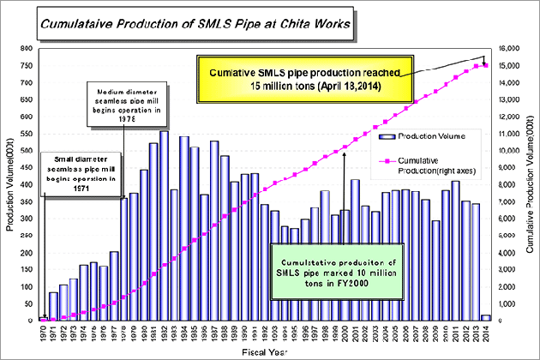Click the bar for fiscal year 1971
[54, 307]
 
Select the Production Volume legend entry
[438, 135]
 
